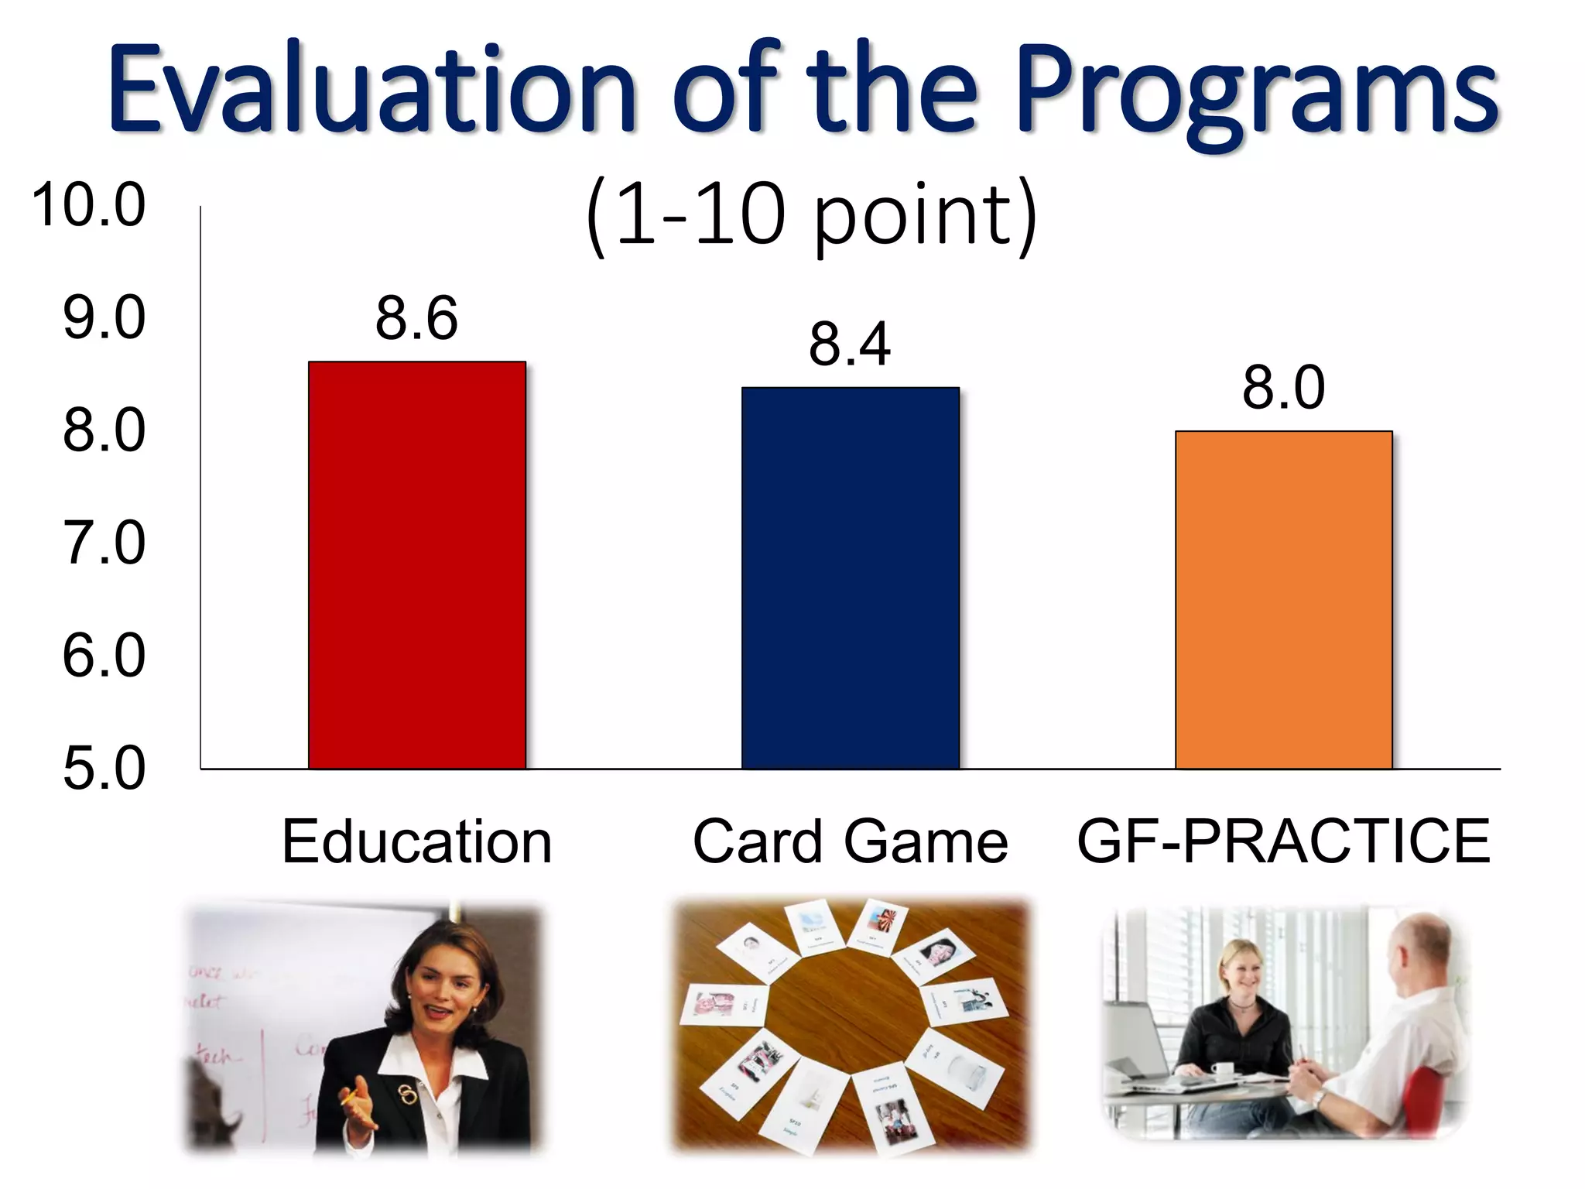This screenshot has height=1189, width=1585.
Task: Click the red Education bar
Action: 417,565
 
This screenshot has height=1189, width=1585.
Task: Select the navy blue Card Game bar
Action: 851,578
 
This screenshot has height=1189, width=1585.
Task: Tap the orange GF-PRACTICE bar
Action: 1283,600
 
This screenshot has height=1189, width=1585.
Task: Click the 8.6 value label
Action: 416,318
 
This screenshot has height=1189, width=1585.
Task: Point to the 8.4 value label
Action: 850,344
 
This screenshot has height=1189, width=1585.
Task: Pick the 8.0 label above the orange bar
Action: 1283,387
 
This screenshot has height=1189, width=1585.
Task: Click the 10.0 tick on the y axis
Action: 89,205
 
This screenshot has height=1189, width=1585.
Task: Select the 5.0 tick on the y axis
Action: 104,769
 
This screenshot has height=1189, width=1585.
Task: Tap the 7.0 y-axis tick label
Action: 104,543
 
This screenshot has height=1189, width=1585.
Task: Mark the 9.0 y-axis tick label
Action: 104,318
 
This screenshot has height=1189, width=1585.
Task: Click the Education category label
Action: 416,841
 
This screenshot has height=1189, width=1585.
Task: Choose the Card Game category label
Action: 850,841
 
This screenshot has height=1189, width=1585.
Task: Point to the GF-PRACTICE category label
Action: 1283,841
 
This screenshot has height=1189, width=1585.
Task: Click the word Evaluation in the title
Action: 371,89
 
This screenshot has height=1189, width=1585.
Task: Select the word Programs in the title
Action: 1258,93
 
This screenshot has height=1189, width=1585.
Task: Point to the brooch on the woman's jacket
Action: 408,1093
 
